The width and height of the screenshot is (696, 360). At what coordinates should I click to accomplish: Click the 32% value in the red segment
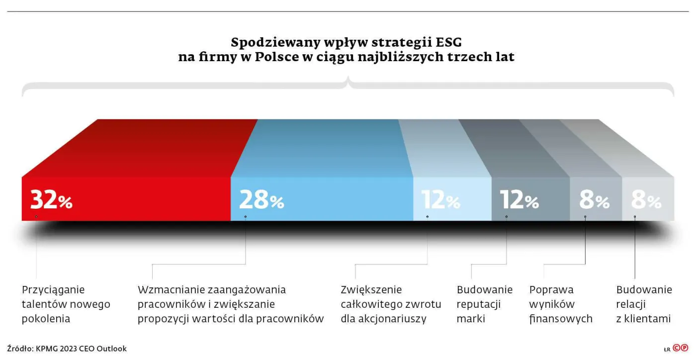tap(51, 200)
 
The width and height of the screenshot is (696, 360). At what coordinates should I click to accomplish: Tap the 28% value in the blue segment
tap(261, 200)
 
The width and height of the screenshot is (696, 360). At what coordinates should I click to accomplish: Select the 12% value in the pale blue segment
tap(441, 200)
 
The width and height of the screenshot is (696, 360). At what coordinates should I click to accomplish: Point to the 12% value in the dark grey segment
tap(520, 200)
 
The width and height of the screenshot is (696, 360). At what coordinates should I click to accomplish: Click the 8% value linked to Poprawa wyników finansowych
tap(594, 200)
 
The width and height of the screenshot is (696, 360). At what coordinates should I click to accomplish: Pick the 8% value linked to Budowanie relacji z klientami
tap(646, 200)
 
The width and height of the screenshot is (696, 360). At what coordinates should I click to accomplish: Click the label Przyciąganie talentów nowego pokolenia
tap(66, 304)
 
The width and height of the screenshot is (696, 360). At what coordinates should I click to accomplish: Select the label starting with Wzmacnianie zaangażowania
tap(231, 304)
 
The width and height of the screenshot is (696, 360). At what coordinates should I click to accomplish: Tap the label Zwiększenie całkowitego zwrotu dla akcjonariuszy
tap(391, 304)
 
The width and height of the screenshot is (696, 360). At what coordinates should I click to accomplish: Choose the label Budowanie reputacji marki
tap(484, 304)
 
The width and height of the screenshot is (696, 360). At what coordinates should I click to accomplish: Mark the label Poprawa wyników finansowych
tap(561, 304)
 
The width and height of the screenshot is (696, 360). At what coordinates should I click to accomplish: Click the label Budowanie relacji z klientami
tap(644, 304)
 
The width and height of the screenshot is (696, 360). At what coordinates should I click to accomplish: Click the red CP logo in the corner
tap(681, 348)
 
